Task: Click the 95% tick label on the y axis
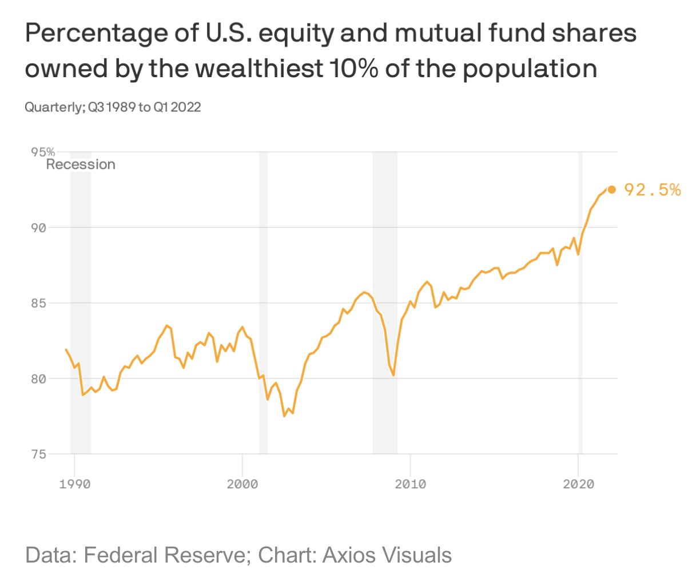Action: coord(43,152)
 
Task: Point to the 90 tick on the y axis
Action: coord(38,228)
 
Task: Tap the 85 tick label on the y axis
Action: coord(38,303)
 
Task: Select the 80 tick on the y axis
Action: coord(38,378)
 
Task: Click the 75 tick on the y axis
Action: coord(38,455)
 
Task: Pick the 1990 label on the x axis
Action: coord(74,484)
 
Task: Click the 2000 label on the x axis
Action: coord(242,484)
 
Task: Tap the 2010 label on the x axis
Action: coord(410,484)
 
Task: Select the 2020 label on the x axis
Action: coord(578,484)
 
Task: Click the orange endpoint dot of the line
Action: coord(611,189)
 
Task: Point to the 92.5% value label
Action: coord(652,190)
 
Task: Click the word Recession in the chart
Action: coord(81,165)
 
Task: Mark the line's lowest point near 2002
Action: coord(284,416)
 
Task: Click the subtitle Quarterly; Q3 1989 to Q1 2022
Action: coord(113,107)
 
